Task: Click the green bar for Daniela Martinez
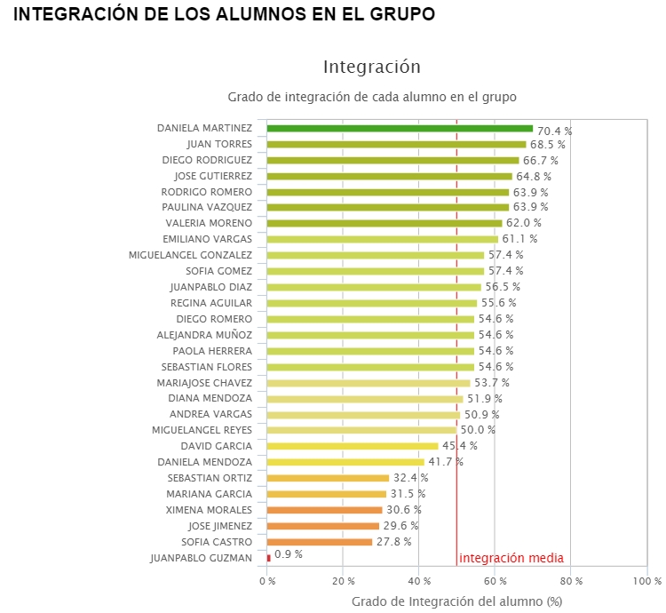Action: (400, 129)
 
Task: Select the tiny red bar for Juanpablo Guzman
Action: (269, 558)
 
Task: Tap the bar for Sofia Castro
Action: (320, 542)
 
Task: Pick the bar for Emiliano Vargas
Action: (383, 239)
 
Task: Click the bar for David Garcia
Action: (353, 446)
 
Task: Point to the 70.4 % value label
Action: (554, 131)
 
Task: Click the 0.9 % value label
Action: (289, 554)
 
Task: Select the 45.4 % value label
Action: (459, 446)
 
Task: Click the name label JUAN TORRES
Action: (219, 144)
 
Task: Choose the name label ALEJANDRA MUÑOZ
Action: (204, 335)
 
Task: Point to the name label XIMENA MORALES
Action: (209, 510)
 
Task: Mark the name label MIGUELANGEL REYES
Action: (202, 430)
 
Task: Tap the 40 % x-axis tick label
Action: (419, 581)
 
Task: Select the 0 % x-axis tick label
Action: (267, 581)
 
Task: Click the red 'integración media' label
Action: (511, 558)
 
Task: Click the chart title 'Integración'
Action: (371, 67)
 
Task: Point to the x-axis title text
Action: (457, 601)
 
